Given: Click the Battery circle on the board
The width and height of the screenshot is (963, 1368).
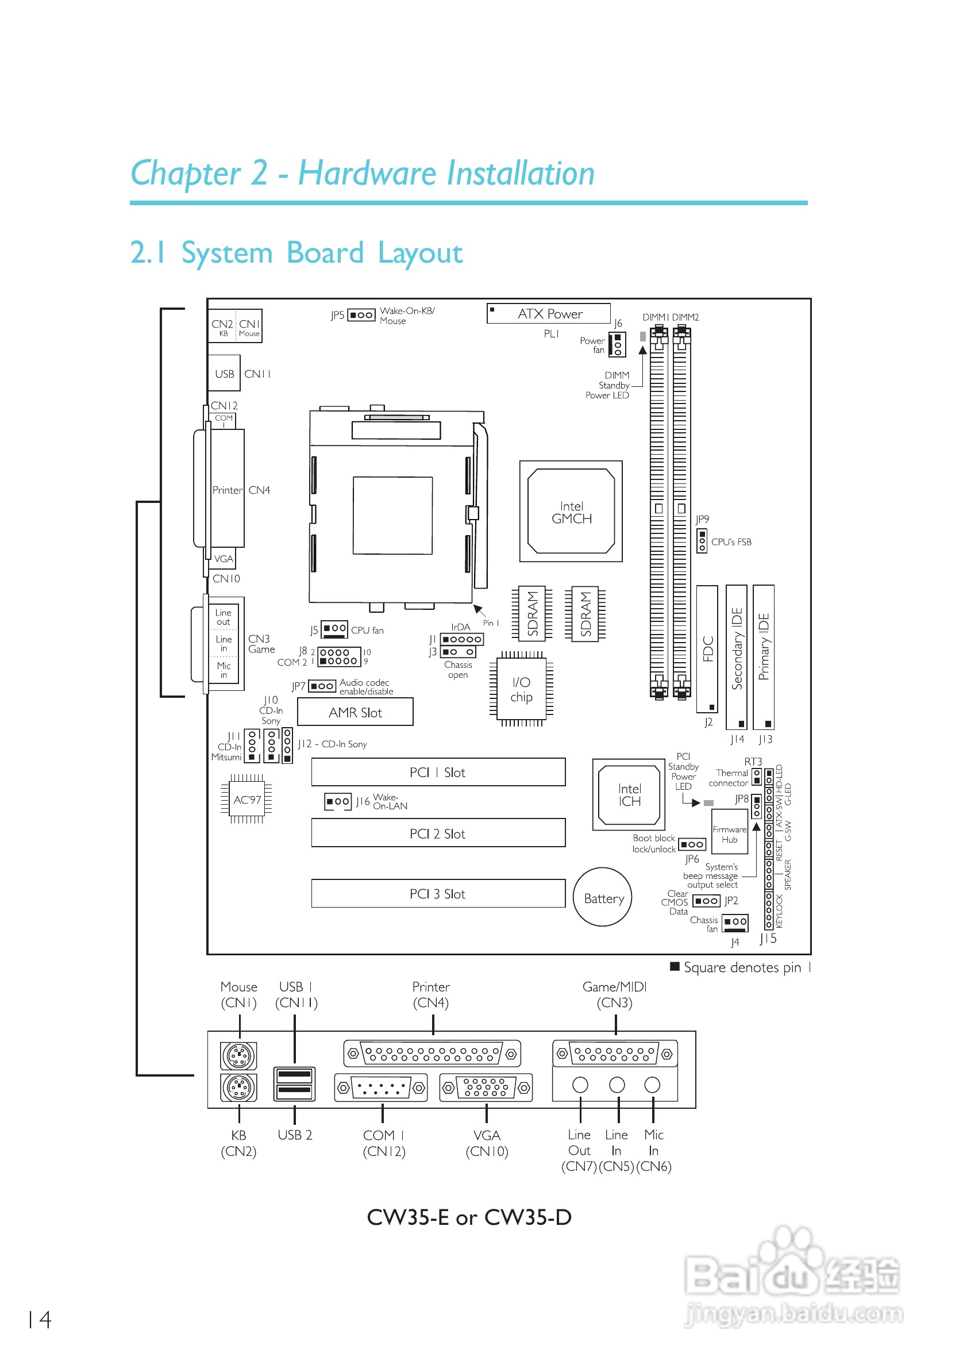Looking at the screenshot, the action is (x=603, y=897).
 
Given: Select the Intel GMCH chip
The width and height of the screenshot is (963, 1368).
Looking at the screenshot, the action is (x=571, y=510).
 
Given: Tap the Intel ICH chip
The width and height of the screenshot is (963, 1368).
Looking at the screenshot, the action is (x=628, y=794).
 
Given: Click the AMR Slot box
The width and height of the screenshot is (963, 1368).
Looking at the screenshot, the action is (x=355, y=712).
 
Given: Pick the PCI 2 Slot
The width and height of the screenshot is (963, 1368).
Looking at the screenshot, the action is (x=438, y=832).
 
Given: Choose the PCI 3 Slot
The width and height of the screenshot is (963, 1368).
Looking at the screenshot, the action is (x=438, y=893).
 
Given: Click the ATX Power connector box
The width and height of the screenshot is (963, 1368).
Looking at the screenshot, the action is (x=549, y=313).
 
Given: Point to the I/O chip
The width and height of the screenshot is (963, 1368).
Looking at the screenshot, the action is (x=521, y=689).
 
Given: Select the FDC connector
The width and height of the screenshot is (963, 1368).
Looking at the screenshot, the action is (x=707, y=649).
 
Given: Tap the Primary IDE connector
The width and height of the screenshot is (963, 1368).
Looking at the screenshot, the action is (x=764, y=656).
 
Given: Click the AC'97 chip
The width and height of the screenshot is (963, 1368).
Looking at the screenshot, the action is (x=246, y=799).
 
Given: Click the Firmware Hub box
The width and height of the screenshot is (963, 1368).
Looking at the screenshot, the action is (x=729, y=834).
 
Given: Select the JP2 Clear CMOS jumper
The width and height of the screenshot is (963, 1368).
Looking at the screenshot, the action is (x=706, y=901).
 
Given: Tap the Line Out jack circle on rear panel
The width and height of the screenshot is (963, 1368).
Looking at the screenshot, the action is (x=580, y=1085).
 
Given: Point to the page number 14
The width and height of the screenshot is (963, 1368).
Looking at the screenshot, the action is (x=39, y=1319).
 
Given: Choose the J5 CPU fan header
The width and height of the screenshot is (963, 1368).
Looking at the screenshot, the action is (x=334, y=629).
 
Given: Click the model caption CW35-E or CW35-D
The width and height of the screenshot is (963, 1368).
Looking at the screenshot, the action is (x=469, y=1217).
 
